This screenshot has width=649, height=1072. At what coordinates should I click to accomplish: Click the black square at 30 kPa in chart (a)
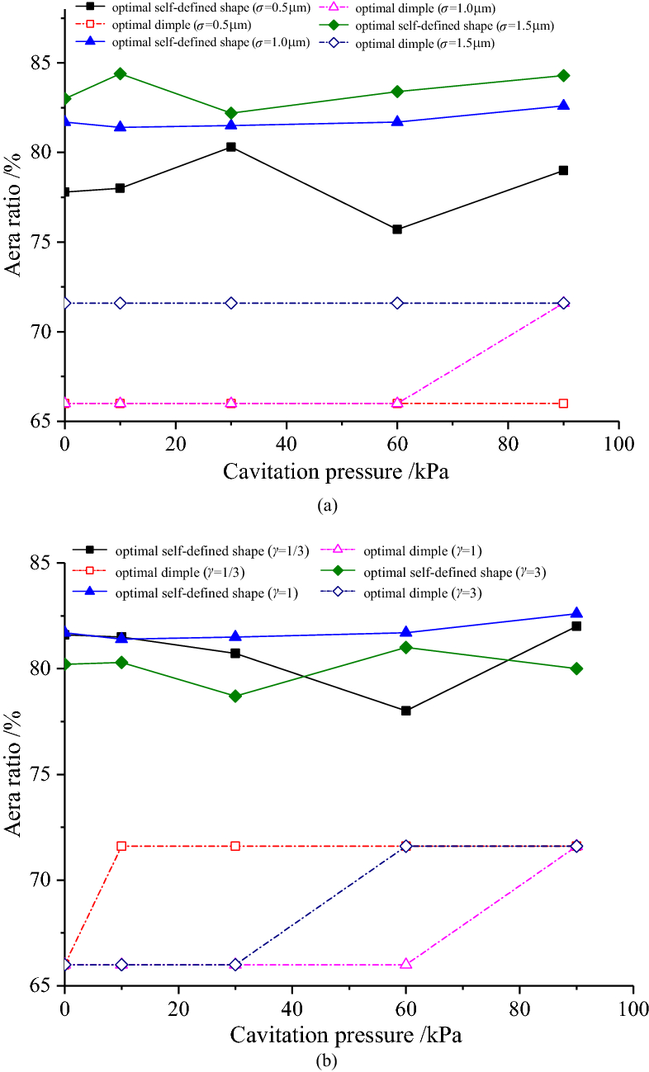coord(231,147)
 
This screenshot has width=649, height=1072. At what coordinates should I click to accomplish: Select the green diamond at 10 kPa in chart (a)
coord(121,73)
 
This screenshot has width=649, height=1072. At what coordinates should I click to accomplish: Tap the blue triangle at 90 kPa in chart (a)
coord(563,106)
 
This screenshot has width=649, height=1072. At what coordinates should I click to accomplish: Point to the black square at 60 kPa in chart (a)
coord(397,229)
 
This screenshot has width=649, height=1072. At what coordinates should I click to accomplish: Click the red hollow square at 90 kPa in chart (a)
coord(563,404)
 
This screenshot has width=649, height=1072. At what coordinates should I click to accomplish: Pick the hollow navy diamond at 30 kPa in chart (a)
coord(231,303)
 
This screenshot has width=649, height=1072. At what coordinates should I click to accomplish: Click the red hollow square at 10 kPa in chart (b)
coord(121,846)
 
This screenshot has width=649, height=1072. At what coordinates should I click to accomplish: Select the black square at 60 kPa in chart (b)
coord(406,711)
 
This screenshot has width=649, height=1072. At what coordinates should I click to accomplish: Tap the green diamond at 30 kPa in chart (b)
coord(235,696)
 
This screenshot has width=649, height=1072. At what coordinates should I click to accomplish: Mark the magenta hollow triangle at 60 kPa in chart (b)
coord(406,964)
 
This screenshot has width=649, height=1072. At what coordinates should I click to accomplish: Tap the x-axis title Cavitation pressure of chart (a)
coord(340,472)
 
